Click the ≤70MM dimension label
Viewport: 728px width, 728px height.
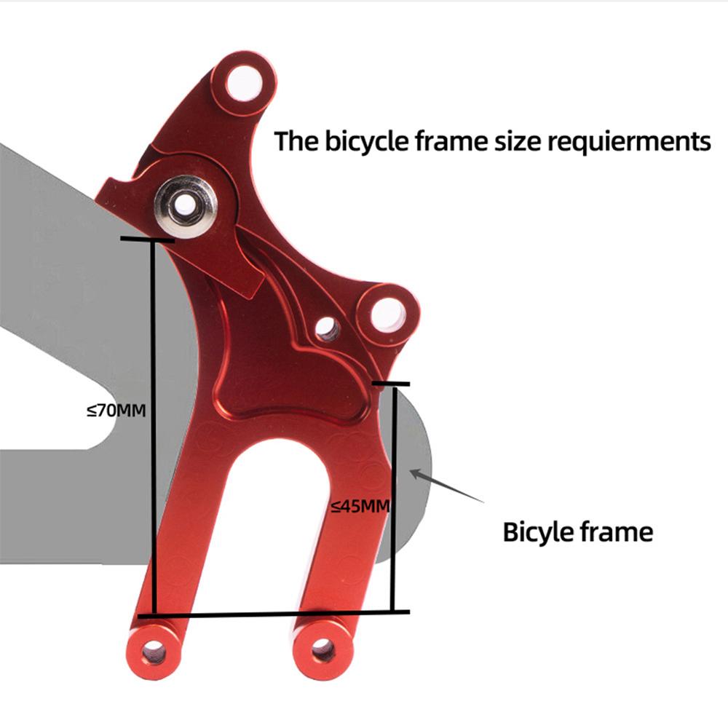click(x=116, y=411)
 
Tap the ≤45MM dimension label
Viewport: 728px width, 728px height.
click(x=361, y=506)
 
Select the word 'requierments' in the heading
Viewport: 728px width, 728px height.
click(x=629, y=141)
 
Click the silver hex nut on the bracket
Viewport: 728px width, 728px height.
click(x=186, y=207)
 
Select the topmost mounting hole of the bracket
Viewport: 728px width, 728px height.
click(x=244, y=84)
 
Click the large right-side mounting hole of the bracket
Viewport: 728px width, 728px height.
click(x=388, y=314)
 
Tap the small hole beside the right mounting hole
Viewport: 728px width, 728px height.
click(x=327, y=328)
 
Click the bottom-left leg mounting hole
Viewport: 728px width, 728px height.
click(x=154, y=653)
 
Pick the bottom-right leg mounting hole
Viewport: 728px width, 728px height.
click(x=324, y=649)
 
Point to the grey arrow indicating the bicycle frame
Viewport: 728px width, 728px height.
click(x=447, y=486)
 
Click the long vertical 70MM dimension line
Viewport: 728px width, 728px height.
click(x=153, y=427)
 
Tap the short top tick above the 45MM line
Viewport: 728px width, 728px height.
click(x=391, y=384)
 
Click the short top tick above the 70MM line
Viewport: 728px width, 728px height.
click(x=147, y=240)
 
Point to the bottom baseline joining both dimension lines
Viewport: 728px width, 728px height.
click(x=274, y=614)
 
